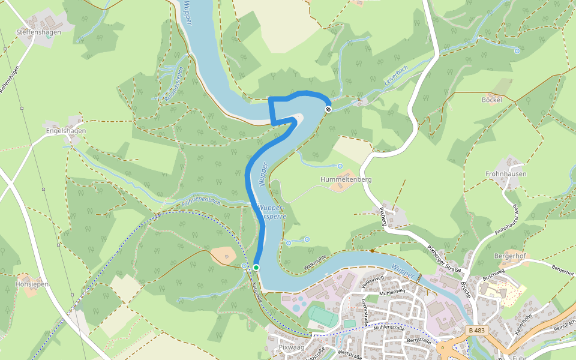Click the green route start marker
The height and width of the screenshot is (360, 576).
pyautogui.click(x=256, y=268)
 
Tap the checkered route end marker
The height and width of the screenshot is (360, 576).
pyautogui.click(x=328, y=109)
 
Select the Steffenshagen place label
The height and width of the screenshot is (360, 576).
pyautogui.click(x=39, y=32)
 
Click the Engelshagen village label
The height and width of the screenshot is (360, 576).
pyautogui.click(x=66, y=131)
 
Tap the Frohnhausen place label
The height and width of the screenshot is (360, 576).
pyautogui.click(x=506, y=174)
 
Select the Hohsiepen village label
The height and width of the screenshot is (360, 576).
pyautogui.click(x=32, y=284)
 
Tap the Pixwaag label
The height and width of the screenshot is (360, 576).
pyautogui.click(x=292, y=347)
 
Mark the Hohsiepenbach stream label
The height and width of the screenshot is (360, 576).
pyautogui.click(x=201, y=202)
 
